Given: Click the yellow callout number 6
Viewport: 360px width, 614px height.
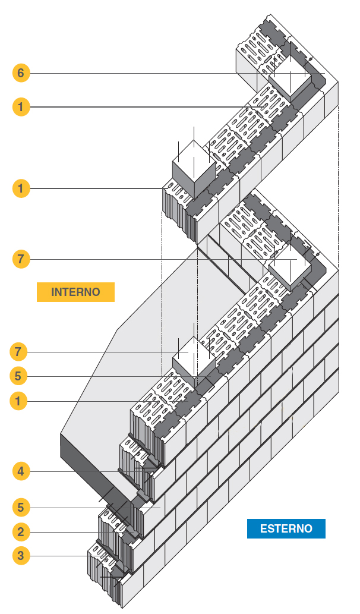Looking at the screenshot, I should click(x=21, y=73).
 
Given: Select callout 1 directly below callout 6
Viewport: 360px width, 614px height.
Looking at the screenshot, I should click(x=21, y=107).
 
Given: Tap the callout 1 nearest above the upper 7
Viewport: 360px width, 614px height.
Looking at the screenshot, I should click(x=21, y=189).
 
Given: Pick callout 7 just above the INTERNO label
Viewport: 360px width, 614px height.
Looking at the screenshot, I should click(x=21, y=259).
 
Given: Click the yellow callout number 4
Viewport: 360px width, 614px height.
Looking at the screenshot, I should click(x=21, y=472).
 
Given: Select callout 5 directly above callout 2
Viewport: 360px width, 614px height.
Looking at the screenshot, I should click(x=21, y=508).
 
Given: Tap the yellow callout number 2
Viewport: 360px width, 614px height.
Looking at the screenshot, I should click(x=21, y=531).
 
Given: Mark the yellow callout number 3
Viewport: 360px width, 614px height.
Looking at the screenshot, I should click(x=21, y=556).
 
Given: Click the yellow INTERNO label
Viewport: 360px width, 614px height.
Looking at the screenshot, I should click(x=75, y=292).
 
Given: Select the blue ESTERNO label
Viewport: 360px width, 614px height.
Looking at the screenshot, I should click(x=286, y=528).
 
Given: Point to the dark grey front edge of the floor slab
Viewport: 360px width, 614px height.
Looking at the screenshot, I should click(x=95, y=464).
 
